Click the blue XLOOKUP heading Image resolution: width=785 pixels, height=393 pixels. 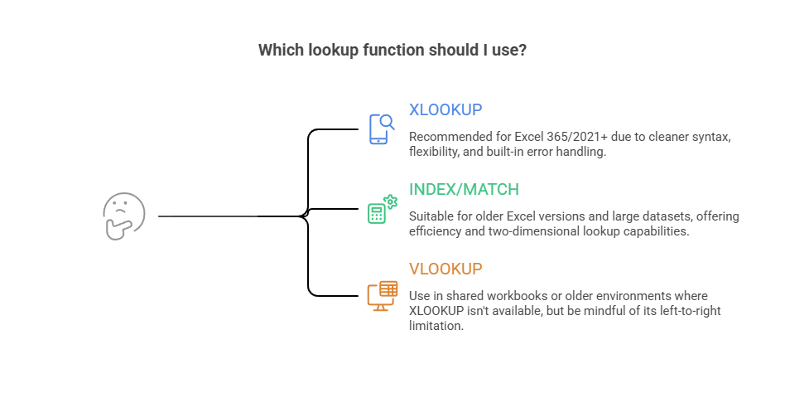click(445, 109)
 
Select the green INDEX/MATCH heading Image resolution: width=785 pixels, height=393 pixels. click(464, 190)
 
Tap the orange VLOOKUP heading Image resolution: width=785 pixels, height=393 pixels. click(445, 269)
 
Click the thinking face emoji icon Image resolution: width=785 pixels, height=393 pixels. click(123, 216)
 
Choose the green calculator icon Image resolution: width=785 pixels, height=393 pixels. click(383, 210)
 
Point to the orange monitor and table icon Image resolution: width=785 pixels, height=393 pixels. click(383, 296)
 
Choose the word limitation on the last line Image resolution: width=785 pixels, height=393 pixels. click(434, 326)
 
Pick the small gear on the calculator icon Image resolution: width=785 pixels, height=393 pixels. click(391, 201)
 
